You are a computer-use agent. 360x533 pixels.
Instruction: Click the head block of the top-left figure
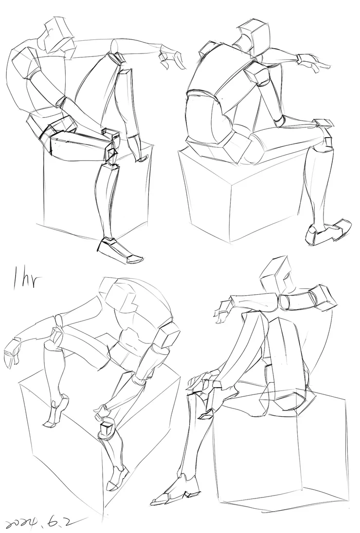(x=58, y=34)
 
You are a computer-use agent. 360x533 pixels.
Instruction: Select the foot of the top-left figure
(x=121, y=250)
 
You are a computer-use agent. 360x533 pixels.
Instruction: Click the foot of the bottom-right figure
(x=175, y=490)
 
